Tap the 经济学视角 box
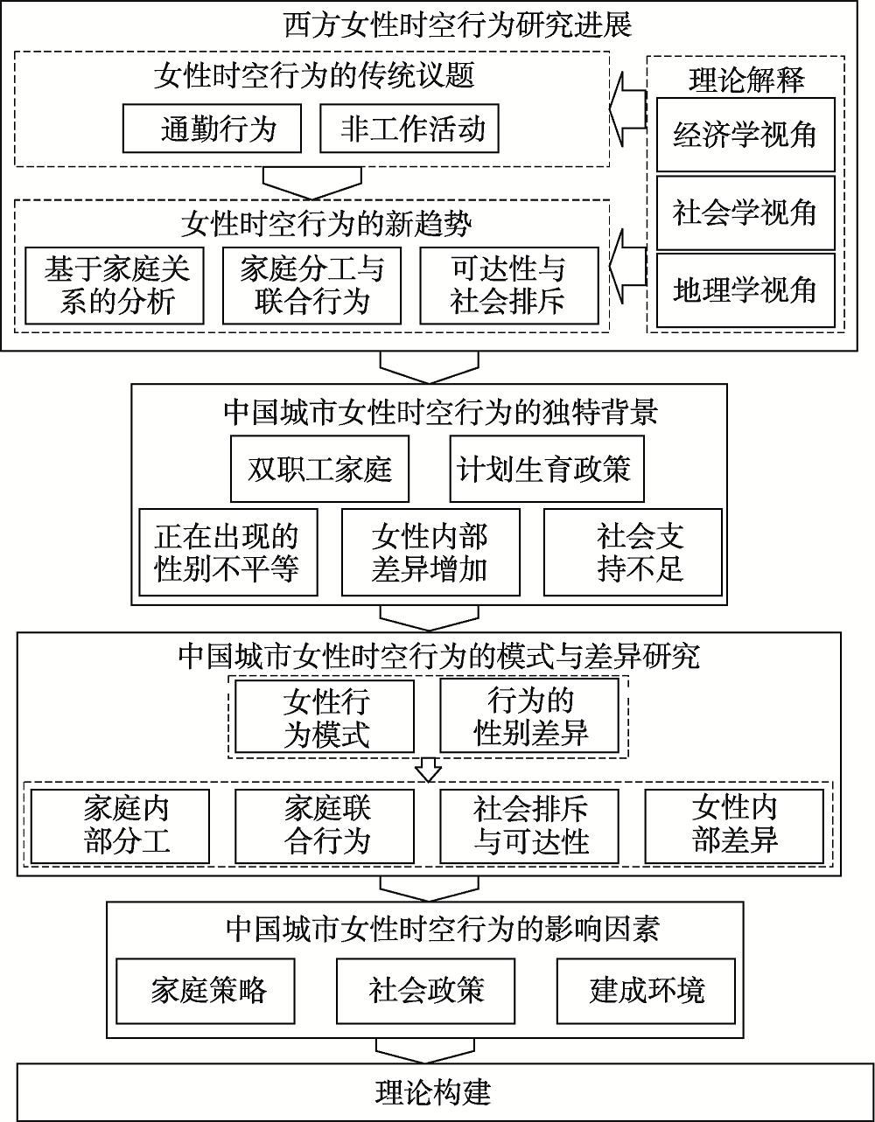pos(745,135)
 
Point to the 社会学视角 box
pos(745,213)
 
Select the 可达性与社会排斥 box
pos(508,285)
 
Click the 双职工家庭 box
pos(319,469)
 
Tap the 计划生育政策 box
pos(543,469)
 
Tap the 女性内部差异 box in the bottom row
pos(734,824)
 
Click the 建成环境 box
pos(647,990)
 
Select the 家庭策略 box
pos(207,990)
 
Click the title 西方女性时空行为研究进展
pos(458,25)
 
